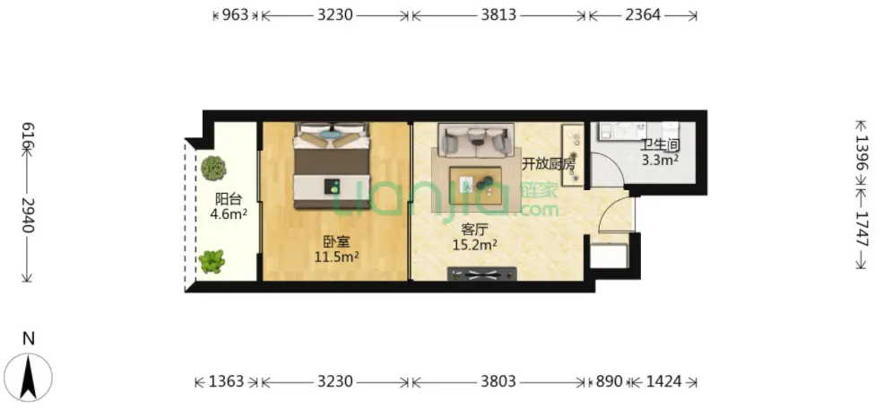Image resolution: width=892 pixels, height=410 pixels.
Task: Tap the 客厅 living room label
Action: (x=474, y=230)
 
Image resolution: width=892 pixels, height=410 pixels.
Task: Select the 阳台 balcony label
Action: (x=229, y=199)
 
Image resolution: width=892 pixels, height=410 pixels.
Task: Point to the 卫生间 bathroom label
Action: (x=660, y=145)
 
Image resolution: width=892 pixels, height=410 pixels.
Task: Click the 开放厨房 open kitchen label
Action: (x=549, y=164)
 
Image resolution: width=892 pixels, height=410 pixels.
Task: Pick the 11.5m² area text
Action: (x=336, y=257)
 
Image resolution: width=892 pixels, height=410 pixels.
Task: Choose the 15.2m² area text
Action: (x=475, y=245)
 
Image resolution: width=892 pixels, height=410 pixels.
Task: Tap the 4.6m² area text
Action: (x=229, y=214)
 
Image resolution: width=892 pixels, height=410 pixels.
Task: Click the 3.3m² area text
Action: (x=660, y=160)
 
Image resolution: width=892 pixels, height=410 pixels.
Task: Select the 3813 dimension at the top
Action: (x=498, y=15)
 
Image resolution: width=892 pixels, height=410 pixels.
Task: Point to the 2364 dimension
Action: (x=643, y=15)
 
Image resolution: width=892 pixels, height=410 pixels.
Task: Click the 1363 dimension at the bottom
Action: (x=226, y=381)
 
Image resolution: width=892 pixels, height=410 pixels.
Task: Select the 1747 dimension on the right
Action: (x=862, y=229)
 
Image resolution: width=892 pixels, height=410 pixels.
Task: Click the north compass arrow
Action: (x=29, y=377)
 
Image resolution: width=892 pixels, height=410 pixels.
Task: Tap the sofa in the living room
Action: (x=476, y=141)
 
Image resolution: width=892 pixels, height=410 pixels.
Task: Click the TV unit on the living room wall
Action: (x=481, y=275)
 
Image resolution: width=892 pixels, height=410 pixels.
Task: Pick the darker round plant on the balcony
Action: (x=213, y=168)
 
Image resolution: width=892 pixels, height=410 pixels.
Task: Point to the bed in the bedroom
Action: (x=332, y=165)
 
